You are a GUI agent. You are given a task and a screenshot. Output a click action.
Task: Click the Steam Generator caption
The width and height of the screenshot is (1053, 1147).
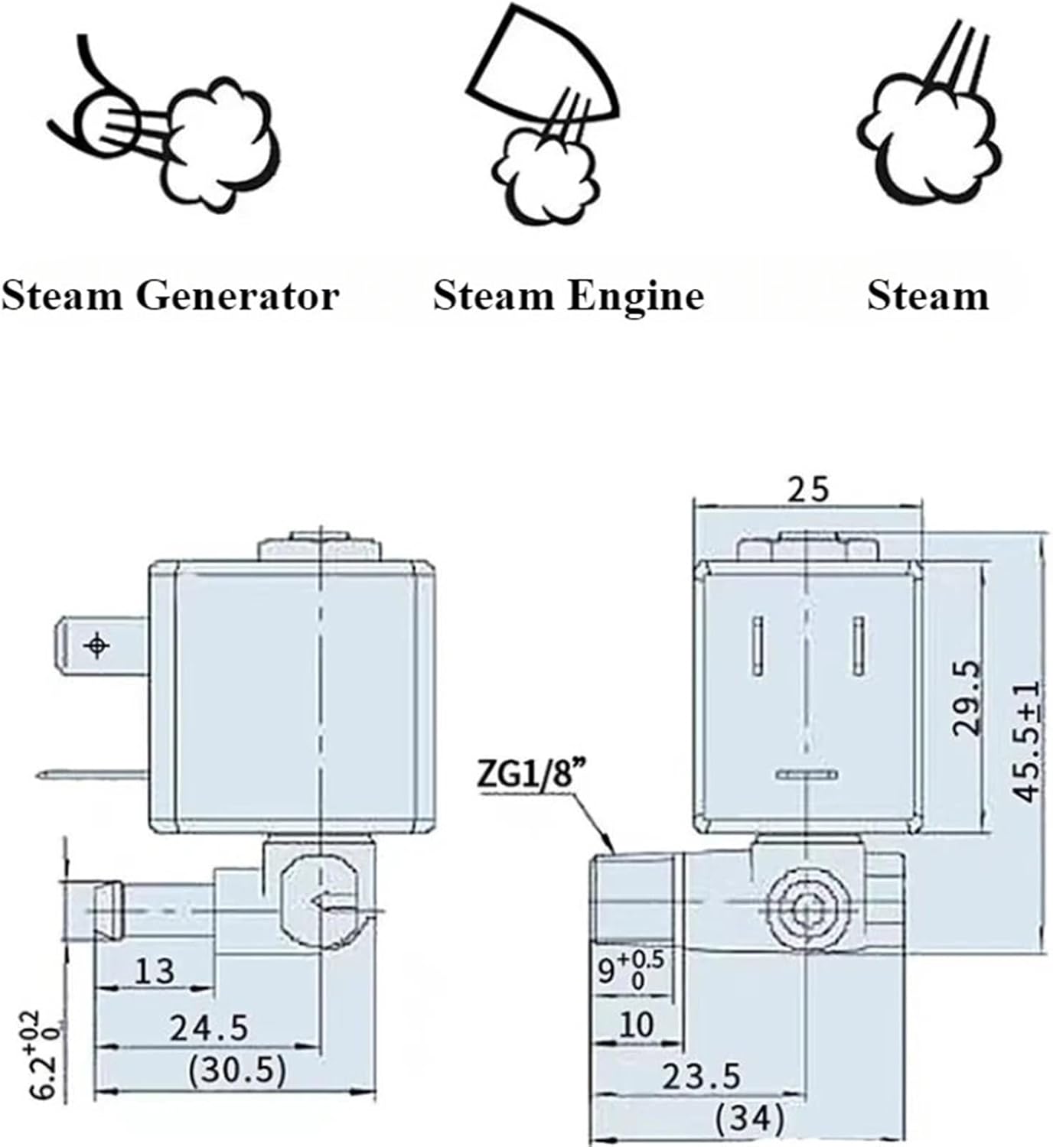pyautogui.click(x=170, y=296)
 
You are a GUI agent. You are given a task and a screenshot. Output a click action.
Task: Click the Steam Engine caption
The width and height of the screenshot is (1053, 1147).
pyautogui.click(x=568, y=296)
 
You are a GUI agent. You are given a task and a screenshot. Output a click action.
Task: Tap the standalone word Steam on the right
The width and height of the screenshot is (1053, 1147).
pyautogui.click(x=927, y=296)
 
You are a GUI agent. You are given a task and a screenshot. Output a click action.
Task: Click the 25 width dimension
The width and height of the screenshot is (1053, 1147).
pyautogui.click(x=809, y=489)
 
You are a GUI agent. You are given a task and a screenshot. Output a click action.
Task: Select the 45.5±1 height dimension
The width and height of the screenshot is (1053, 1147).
pyautogui.click(x=1026, y=740)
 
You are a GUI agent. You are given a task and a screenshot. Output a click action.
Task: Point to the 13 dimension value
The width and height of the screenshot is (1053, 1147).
pyautogui.click(x=155, y=971)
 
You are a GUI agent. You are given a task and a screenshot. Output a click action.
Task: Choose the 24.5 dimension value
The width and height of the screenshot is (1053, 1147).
pyautogui.click(x=209, y=1028)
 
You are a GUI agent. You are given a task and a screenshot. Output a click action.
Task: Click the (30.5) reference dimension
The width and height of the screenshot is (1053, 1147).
pyautogui.click(x=237, y=1070)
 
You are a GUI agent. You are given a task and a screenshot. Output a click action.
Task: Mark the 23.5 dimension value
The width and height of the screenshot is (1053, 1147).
pyautogui.click(x=701, y=1077)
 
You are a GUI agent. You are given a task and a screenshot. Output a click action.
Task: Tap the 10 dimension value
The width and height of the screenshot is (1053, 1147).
pyautogui.click(x=635, y=1025)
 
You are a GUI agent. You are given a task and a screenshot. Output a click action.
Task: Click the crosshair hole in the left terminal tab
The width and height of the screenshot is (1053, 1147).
pyautogui.click(x=97, y=646)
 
